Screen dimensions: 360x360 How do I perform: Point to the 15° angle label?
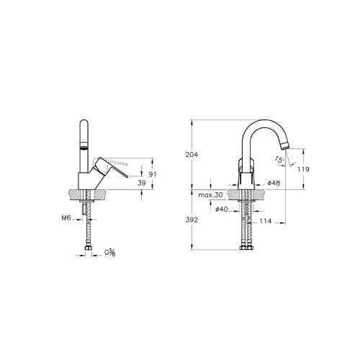pos(279,160)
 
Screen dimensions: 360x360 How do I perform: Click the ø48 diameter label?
pos(274,184)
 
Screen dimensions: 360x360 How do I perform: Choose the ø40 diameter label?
pos(222,210)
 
